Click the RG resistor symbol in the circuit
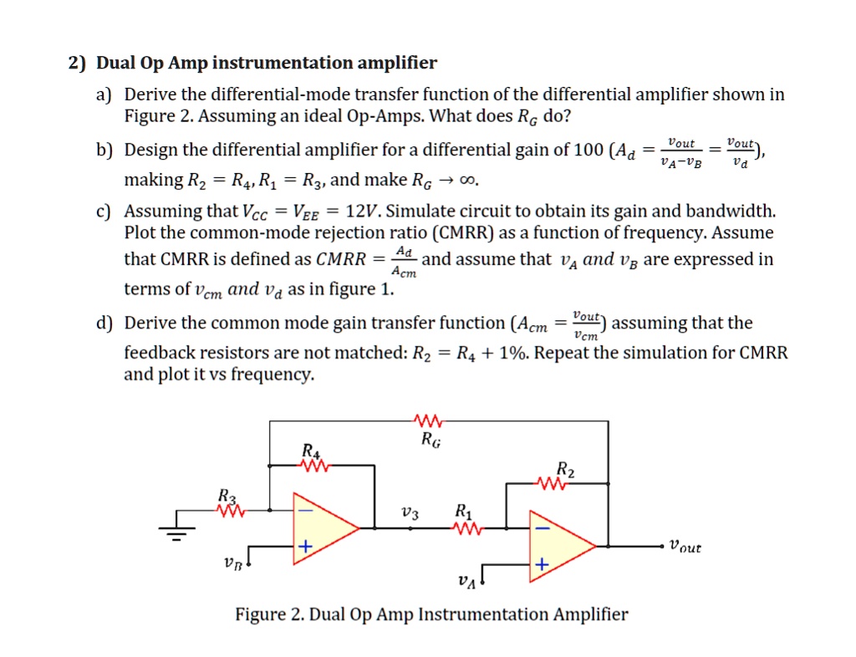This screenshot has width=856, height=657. (431, 420)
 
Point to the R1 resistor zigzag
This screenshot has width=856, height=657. (465, 527)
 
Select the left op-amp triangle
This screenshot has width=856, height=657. (323, 527)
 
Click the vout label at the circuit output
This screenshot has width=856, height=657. (685, 547)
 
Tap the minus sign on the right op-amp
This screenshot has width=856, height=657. (543, 528)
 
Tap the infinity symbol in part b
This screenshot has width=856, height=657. (471, 180)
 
